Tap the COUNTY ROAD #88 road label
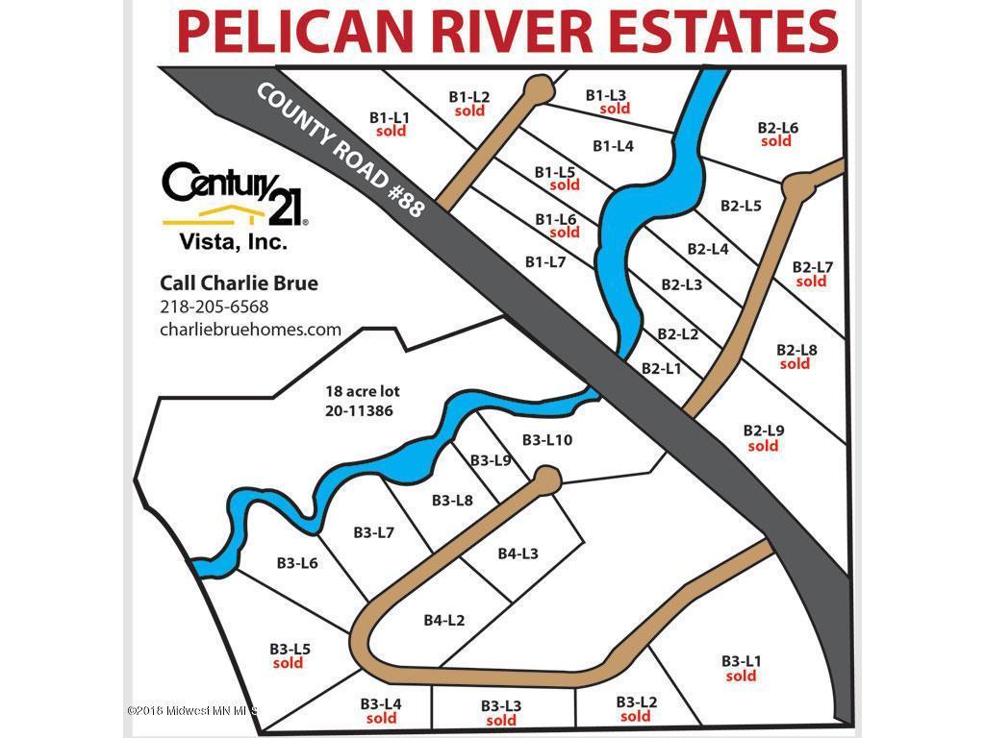click(341, 149)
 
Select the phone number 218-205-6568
click(214, 307)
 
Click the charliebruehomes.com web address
click(250, 329)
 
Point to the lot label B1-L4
click(613, 146)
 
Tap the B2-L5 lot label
click(741, 205)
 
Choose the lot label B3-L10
click(547, 439)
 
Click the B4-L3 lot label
click(518, 553)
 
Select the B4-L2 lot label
click(443, 620)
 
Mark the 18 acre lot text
click(362, 391)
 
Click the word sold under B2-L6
click(776, 141)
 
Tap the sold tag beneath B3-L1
click(741, 676)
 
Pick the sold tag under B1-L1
click(391, 132)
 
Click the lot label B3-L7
click(373, 532)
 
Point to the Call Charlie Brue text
click(239, 283)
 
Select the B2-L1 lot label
click(661, 368)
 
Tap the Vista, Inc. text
click(234, 242)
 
